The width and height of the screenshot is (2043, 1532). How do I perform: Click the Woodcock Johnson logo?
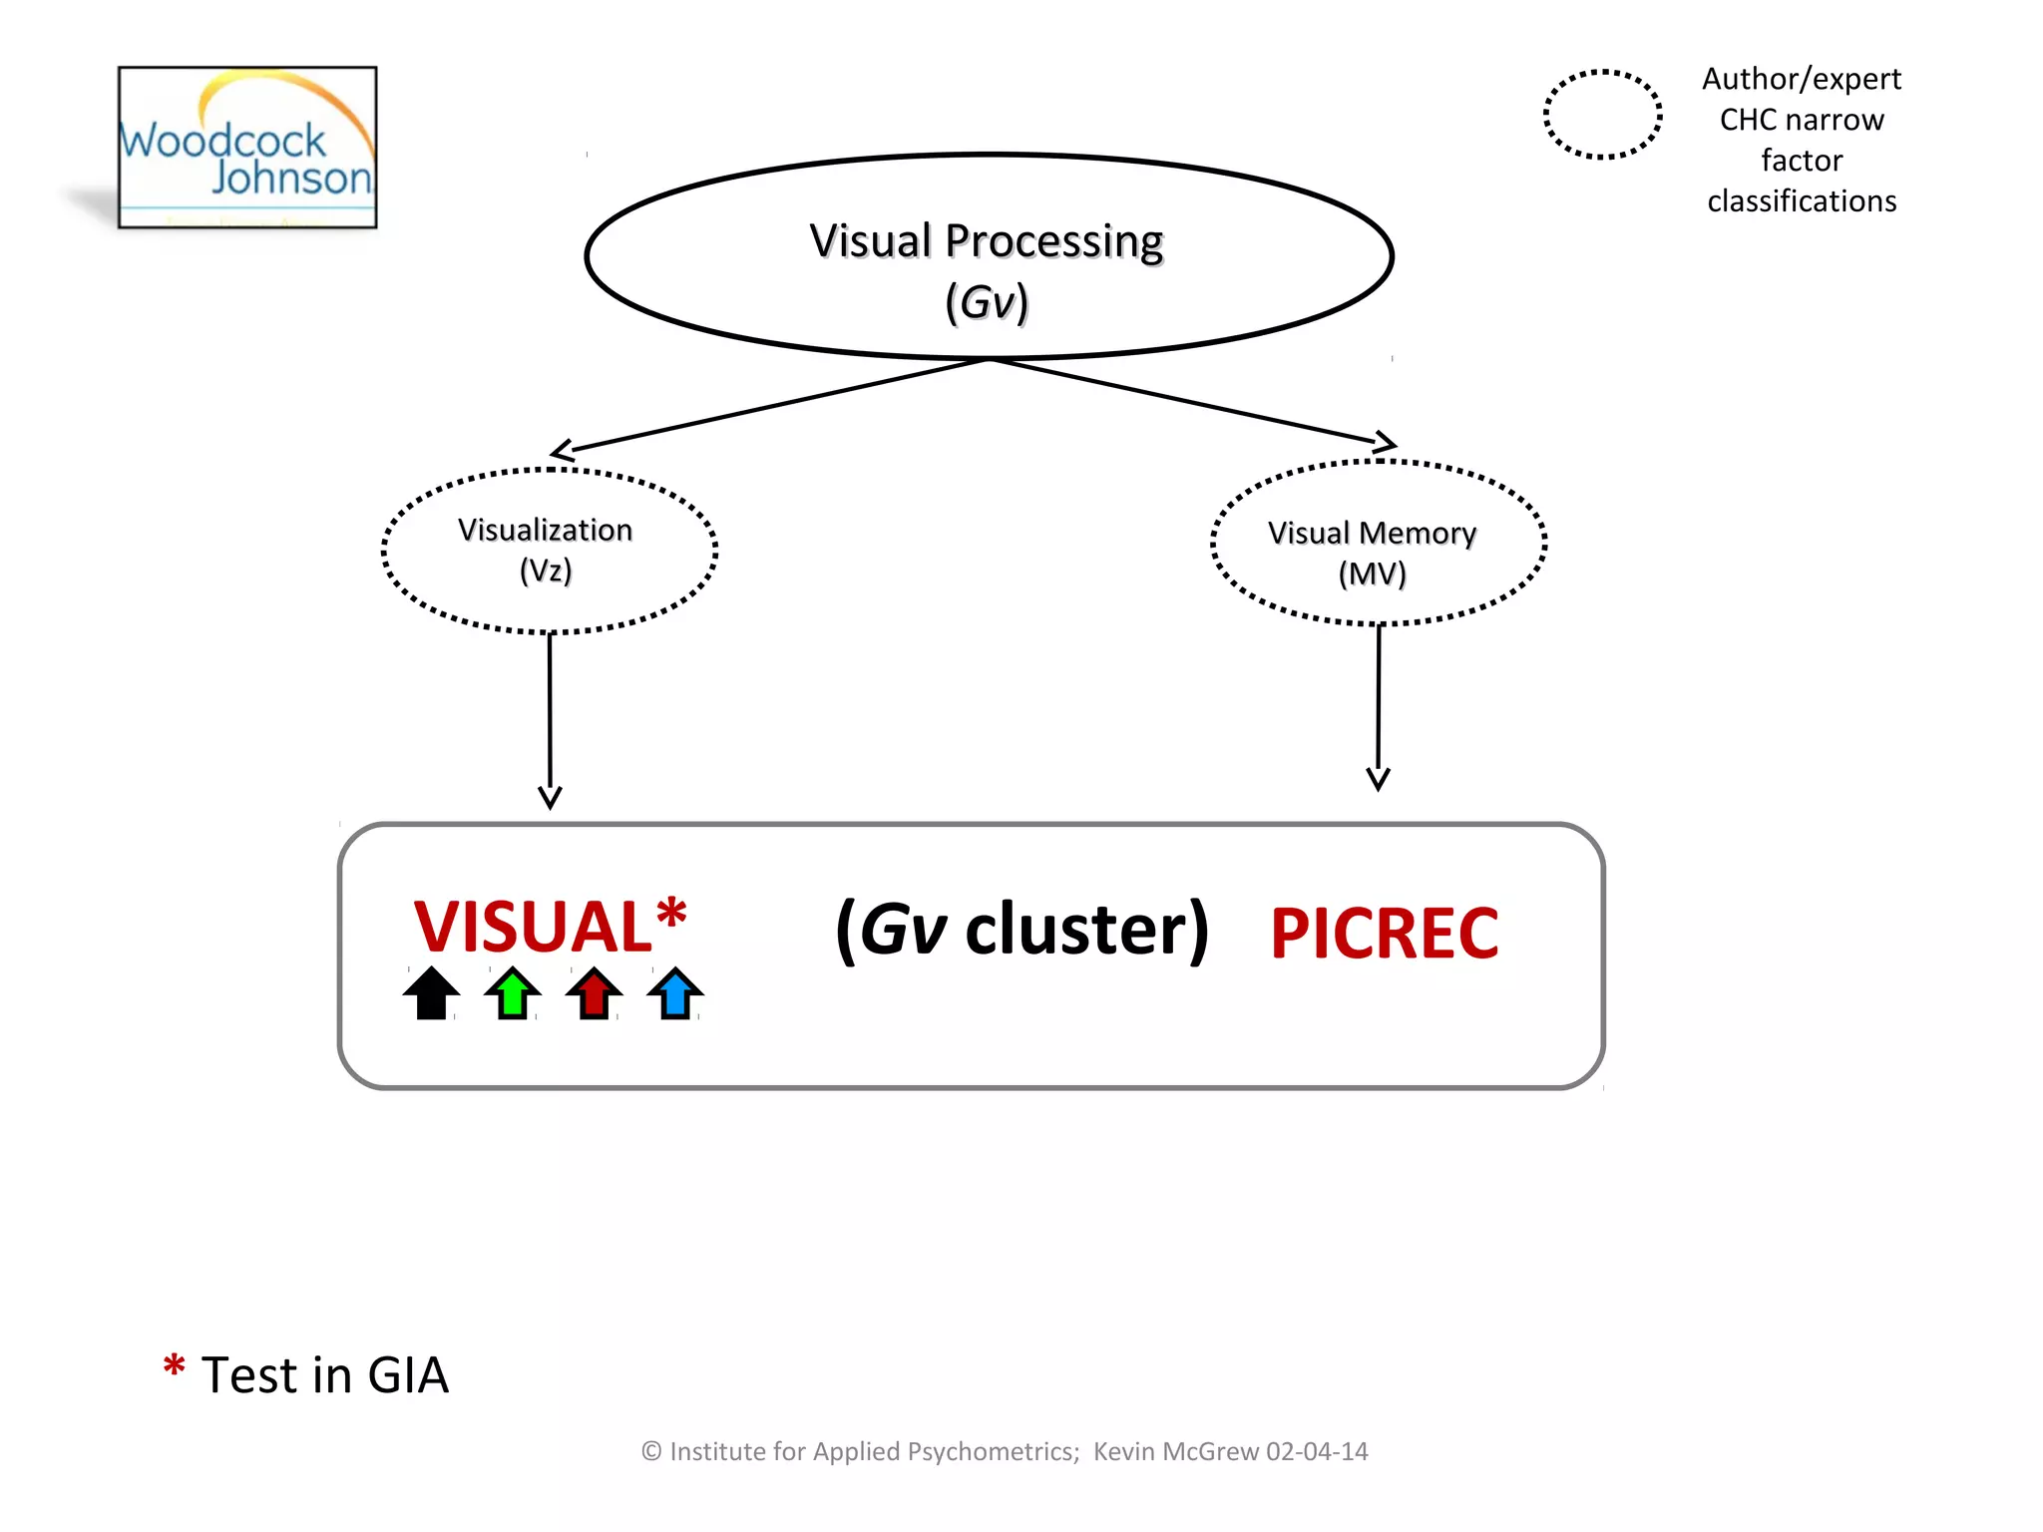[x=247, y=148]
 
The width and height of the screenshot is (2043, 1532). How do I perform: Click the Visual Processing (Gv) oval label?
[x=987, y=269]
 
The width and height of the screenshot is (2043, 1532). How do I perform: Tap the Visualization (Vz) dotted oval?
[x=548, y=550]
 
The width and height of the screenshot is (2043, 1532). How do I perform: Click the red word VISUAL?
[x=534, y=928]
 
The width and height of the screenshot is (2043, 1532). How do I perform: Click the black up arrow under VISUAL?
[x=431, y=993]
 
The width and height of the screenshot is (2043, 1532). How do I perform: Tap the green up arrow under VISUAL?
[x=513, y=993]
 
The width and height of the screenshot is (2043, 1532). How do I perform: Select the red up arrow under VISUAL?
[x=594, y=993]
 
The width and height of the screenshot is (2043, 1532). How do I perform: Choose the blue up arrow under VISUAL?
[x=675, y=993]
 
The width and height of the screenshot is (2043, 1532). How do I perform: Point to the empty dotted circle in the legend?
[x=1602, y=115]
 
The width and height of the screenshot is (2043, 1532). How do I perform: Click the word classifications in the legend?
[x=1801, y=201]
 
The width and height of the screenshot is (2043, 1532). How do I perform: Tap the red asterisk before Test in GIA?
[x=174, y=1365]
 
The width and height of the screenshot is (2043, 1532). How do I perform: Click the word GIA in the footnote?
[x=408, y=1375]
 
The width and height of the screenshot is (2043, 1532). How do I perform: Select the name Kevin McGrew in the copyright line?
[x=1176, y=1451]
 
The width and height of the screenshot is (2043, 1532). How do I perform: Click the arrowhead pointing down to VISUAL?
[x=550, y=797]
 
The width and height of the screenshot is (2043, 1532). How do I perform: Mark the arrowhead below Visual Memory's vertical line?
[x=1378, y=779]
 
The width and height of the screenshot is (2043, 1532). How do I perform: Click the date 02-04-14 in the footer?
[x=1317, y=1451]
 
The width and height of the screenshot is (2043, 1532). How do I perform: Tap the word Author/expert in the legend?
[x=1801, y=79]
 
